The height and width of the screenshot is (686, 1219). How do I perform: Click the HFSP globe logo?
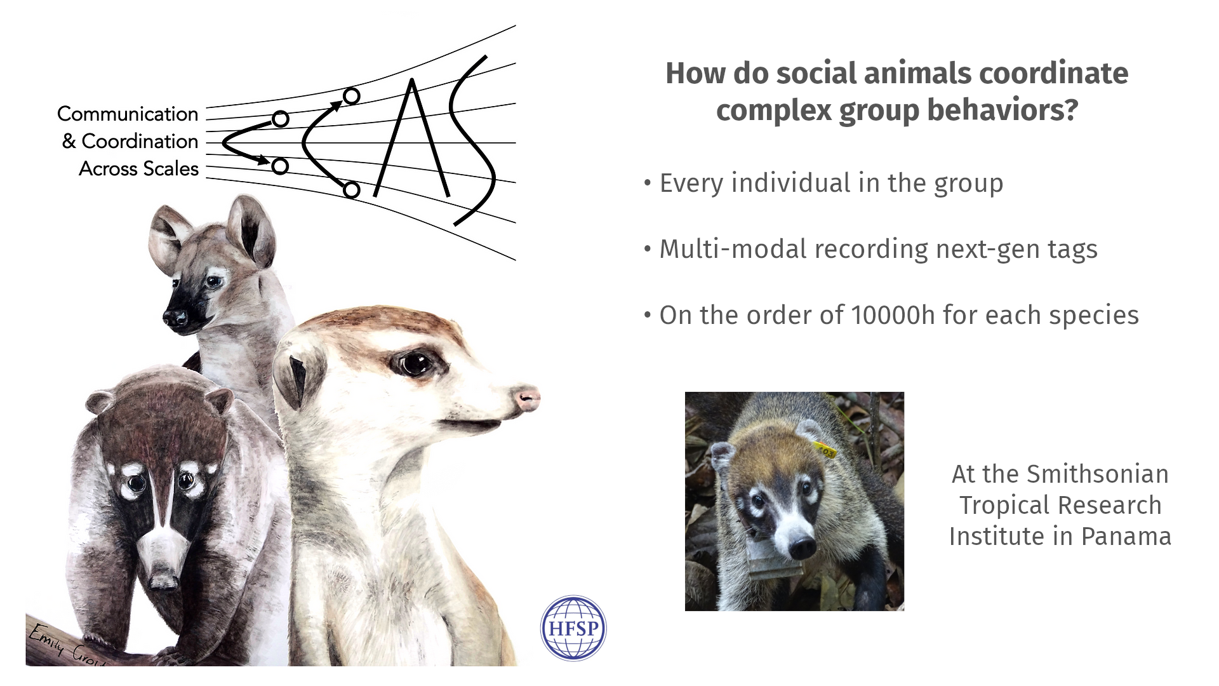point(573,628)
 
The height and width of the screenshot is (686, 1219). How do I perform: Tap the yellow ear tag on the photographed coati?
point(825,450)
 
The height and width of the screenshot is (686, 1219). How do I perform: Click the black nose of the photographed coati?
point(802,546)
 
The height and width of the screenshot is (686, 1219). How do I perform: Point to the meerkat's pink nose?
point(527,399)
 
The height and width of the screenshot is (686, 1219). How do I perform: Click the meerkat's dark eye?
point(416,364)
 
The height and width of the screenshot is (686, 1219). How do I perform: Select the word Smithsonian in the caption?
point(1097,474)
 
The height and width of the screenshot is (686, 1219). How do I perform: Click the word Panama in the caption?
point(1126,536)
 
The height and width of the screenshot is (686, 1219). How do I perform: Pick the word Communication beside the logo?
point(128,114)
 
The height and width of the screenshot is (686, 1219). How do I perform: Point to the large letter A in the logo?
point(413,138)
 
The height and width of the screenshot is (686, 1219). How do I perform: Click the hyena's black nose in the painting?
point(177,317)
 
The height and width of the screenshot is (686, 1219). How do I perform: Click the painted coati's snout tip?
point(163,579)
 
